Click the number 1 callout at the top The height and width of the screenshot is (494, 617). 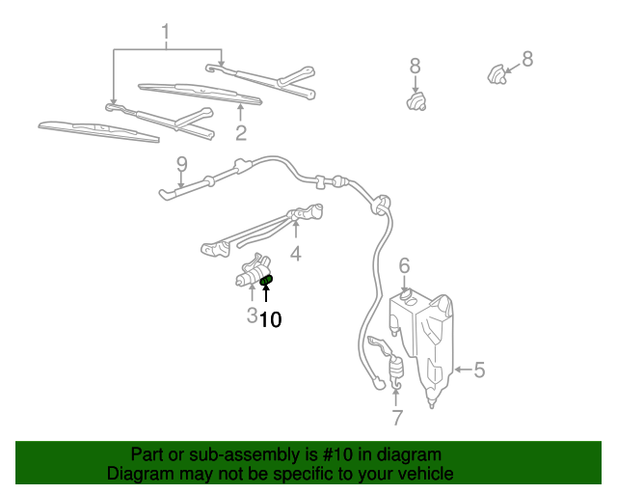click(x=165, y=35)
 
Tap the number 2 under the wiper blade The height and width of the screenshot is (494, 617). click(x=241, y=133)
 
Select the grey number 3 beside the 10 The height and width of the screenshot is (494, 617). click(x=251, y=316)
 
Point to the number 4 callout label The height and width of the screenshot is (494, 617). click(x=296, y=255)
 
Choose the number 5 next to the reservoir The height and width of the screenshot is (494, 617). click(x=479, y=369)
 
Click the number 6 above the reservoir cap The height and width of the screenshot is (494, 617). click(x=405, y=264)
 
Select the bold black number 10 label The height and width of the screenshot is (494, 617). click(x=271, y=319)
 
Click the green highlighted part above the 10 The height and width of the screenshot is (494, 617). click(x=267, y=281)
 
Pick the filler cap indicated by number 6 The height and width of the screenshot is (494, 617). click(x=406, y=292)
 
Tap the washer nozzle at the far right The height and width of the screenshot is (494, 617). click(x=496, y=71)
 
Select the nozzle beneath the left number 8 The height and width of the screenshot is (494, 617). click(x=417, y=99)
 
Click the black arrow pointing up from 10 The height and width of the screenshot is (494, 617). click(x=267, y=295)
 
